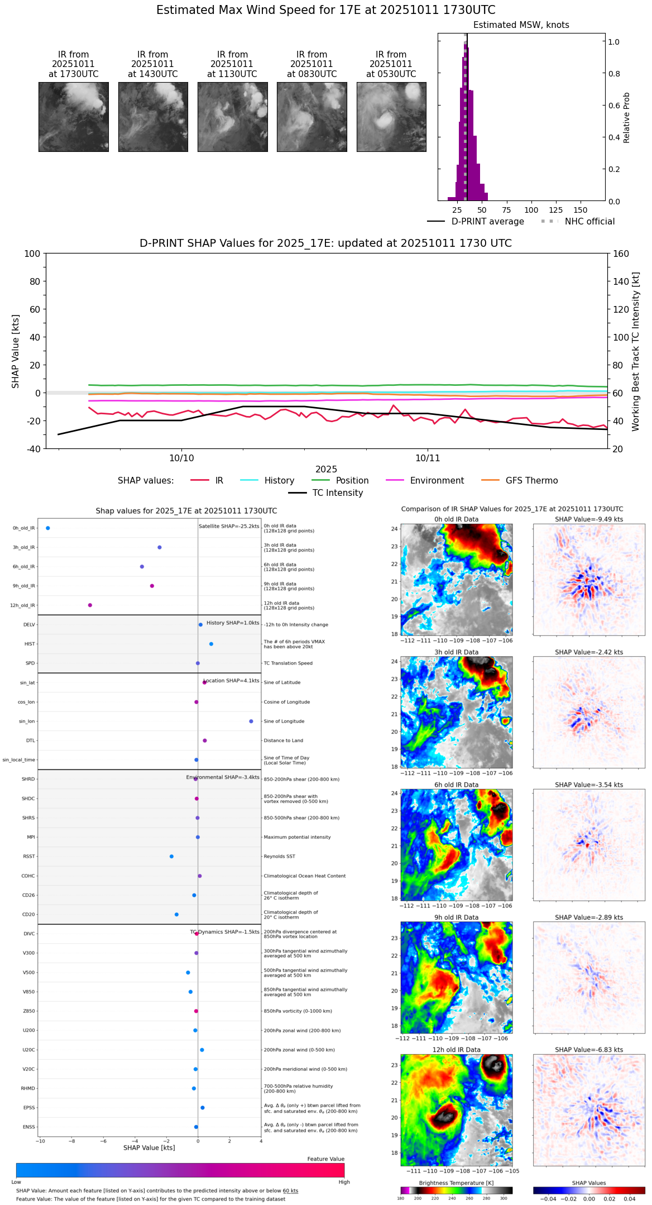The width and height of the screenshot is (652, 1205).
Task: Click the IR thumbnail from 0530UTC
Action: [x=391, y=117]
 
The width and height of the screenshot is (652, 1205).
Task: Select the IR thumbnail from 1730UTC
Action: [x=74, y=117]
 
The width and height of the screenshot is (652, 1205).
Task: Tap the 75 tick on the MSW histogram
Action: [x=506, y=210]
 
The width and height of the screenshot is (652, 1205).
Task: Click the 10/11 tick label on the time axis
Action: [x=428, y=458]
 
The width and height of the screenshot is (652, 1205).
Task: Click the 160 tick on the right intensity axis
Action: [x=621, y=254]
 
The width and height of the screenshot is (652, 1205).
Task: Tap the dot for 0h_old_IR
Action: [x=48, y=528]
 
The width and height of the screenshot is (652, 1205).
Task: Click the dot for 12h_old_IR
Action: [x=90, y=605]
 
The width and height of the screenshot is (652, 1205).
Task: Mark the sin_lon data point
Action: [x=251, y=721]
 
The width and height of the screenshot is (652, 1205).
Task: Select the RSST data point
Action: [x=171, y=857]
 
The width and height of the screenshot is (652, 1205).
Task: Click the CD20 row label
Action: [x=28, y=915]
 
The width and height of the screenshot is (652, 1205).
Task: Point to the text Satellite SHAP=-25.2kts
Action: [x=229, y=527]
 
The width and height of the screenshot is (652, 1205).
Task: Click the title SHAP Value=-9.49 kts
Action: [x=589, y=519]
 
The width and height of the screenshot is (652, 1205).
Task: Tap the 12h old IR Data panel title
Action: [x=456, y=1050]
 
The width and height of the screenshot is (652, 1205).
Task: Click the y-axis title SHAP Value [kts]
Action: [x=16, y=351]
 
